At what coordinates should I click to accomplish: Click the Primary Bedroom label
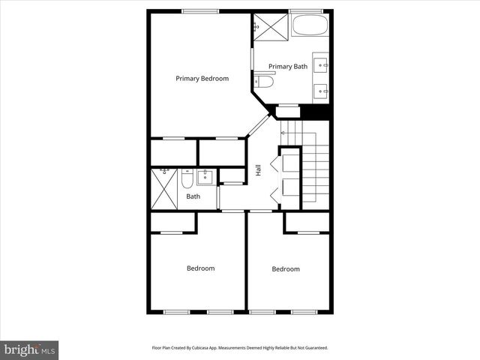(x=202, y=78)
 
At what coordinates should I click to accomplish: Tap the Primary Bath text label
(x=288, y=67)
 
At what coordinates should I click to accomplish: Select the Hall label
(x=259, y=170)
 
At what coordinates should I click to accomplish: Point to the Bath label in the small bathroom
(x=193, y=197)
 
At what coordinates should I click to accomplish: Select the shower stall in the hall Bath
(x=163, y=190)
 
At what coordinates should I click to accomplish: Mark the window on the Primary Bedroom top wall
(x=200, y=10)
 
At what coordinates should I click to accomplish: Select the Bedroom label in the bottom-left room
(x=201, y=268)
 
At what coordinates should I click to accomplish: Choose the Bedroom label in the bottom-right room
(x=286, y=269)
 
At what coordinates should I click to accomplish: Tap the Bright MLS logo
(x=30, y=349)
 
